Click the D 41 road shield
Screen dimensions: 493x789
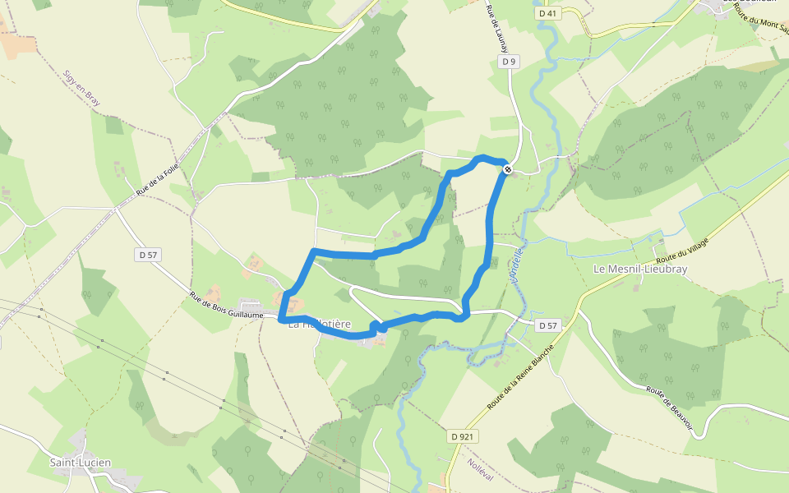(x=547, y=14)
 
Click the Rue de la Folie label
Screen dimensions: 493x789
(x=158, y=178)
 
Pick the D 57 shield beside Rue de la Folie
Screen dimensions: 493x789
(x=148, y=255)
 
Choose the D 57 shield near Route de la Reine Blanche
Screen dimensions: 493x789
(x=548, y=326)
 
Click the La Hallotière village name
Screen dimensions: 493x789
(x=320, y=325)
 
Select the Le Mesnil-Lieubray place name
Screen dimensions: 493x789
(x=640, y=269)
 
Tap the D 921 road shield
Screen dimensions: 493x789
(x=464, y=436)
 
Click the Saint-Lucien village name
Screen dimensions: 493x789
(x=80, y=463)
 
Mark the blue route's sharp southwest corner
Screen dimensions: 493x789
(x=281, y=319)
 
